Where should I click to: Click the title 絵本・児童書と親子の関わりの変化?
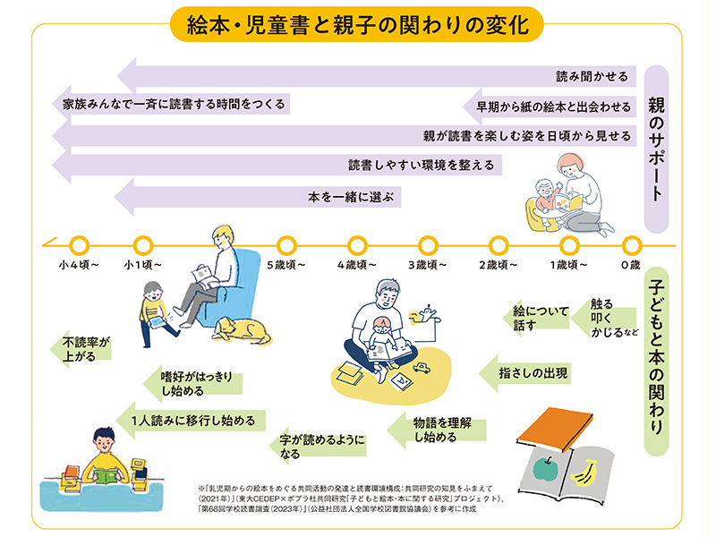coord(357,22)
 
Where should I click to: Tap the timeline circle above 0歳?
coord(631,243)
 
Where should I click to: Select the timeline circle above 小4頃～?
coord(78,243)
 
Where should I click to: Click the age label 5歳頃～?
coord(286,265)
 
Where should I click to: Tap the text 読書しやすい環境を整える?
coord(420,166)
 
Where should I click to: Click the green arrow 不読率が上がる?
coord(84,347)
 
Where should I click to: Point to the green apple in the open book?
coord(541,468)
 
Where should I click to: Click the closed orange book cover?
coord(555,427)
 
